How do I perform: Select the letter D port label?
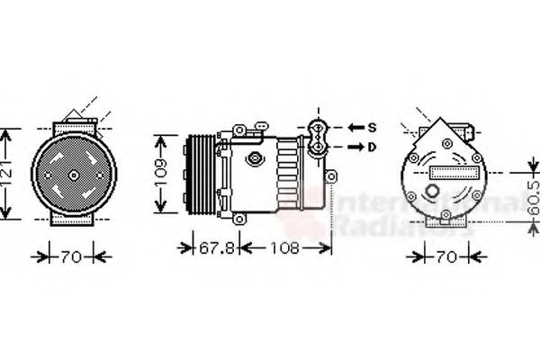(371, 145)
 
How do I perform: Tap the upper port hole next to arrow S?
(317, 127)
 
